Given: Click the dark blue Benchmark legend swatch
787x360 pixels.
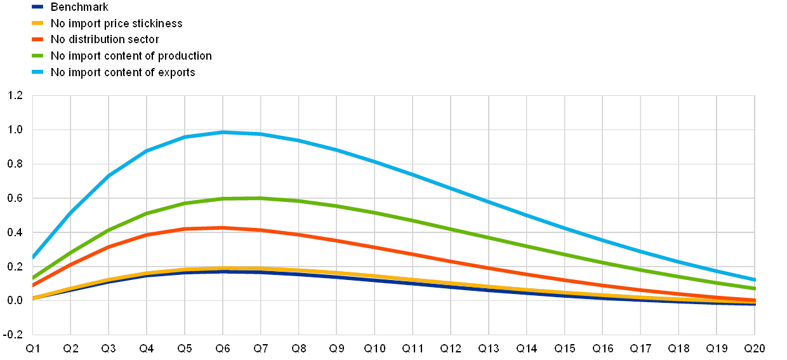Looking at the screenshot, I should (x=37, y=7).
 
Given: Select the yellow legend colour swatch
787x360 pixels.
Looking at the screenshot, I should (x=37, y=23).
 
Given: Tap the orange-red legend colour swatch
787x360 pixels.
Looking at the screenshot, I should (x=37, y=39).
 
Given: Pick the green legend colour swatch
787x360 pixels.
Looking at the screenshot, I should (x=37, y=56).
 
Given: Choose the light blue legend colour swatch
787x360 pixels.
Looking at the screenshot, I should (x=37, y=72).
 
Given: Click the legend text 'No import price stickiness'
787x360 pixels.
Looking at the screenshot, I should (x=117, y=23).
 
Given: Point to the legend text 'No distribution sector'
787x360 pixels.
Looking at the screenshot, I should (x=105, y=39).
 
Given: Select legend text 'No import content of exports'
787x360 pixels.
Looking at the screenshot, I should (x=124, y=72).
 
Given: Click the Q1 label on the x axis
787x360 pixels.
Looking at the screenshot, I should (x=32, y=348).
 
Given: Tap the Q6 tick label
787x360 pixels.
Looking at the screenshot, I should (x=223, y=348).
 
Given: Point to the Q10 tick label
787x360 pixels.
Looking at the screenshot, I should (x=374, y=348).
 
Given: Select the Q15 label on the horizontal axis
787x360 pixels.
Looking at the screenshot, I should (x=564, y=348).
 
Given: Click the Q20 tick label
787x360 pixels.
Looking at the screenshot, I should (x=754, y=348).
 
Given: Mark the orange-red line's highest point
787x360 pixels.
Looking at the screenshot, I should (x=223, y=227).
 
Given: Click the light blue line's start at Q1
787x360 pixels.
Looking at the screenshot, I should (x=33, y=258).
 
